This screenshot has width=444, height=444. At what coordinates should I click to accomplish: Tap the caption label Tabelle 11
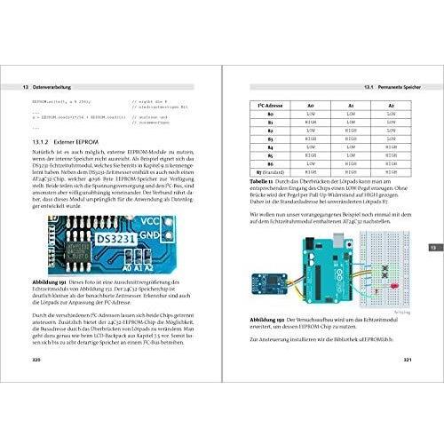pyautogui.click(x=258, y=179)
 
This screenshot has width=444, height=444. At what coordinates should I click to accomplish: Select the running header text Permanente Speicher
pyautogui.click(x=393, y=85)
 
